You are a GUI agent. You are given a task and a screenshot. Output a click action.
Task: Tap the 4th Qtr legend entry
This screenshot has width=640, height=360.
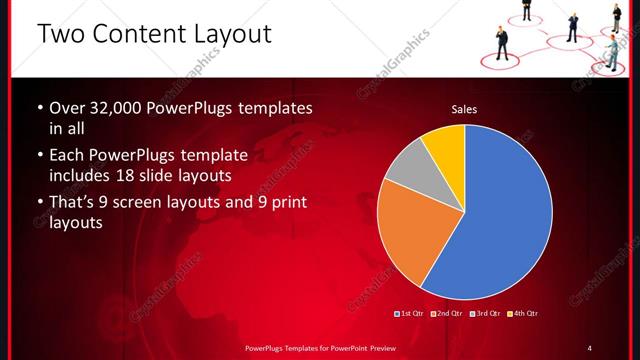click(x=524, y=313)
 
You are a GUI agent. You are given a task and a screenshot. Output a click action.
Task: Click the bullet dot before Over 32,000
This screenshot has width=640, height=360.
click(x=38, y=108)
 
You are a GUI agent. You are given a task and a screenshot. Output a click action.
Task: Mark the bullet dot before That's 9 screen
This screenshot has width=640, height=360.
click(x=38, y=204)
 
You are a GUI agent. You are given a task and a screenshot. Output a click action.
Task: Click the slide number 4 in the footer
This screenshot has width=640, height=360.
click(x=589, y=347)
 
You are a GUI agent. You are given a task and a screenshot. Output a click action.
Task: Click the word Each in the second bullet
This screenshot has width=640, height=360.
click(x=68, y=156)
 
